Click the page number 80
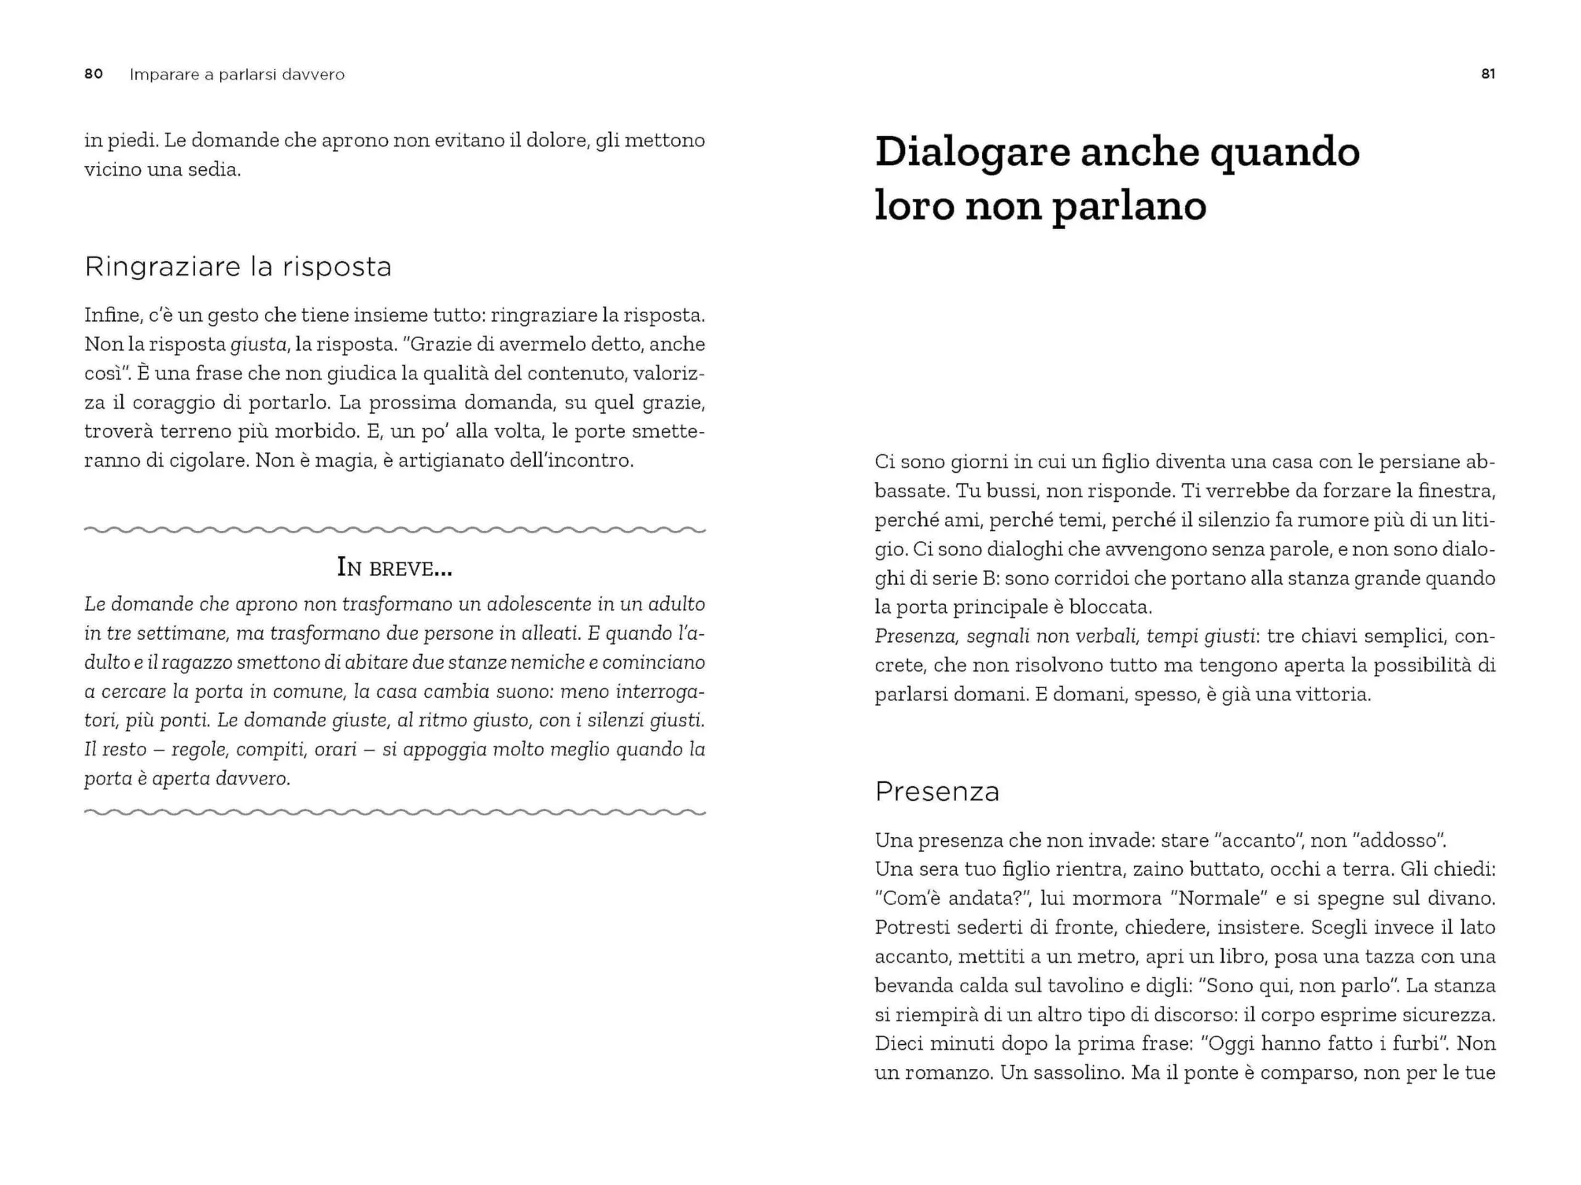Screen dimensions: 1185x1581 click(94, 74)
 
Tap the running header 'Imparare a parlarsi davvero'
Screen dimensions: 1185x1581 click(237, 74)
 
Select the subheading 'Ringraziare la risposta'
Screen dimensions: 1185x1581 click(238, 267)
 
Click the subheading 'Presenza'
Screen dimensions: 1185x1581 click(937, 792)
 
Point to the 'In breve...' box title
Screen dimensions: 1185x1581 click(395, 568)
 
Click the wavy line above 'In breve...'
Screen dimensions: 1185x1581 click(395, 530)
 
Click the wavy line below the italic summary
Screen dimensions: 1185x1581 click(395, 812)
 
